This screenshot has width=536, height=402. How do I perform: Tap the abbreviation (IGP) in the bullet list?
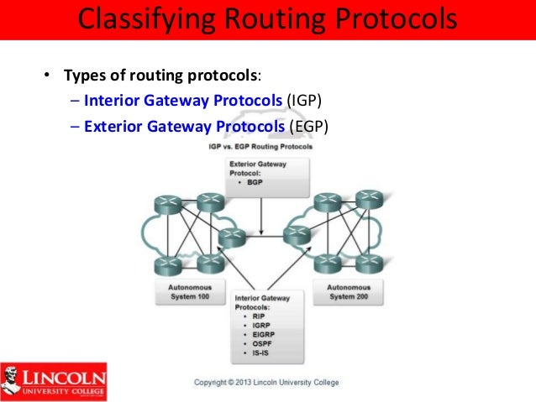coord(304,102)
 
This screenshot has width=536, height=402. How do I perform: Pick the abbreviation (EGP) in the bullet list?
coord(307,127)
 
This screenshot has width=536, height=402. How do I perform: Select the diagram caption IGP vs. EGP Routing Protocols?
coord(260,146)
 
